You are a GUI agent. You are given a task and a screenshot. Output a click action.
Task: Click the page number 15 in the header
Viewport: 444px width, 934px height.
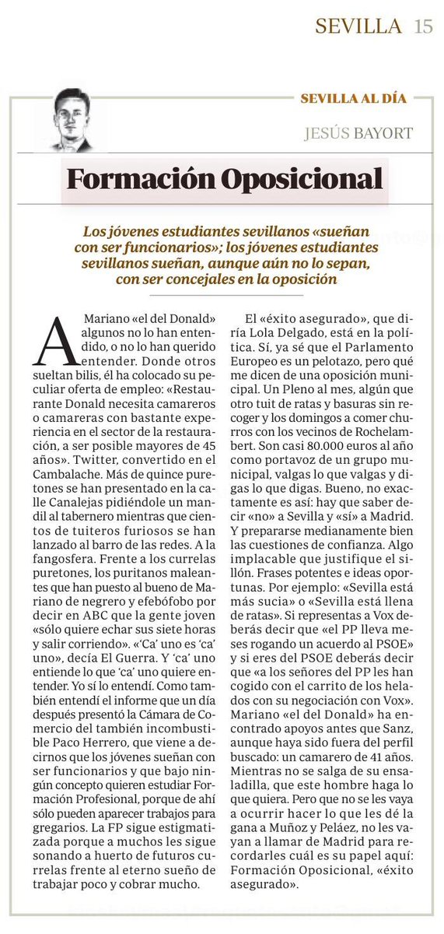(423, 26)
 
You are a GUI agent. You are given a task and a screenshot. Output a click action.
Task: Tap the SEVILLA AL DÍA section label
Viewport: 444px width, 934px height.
(354, 99)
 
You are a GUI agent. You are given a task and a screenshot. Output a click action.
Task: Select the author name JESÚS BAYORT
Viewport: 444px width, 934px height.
(358, 133)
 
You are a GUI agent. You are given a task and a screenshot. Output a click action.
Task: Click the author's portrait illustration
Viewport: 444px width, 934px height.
(72, 119)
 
